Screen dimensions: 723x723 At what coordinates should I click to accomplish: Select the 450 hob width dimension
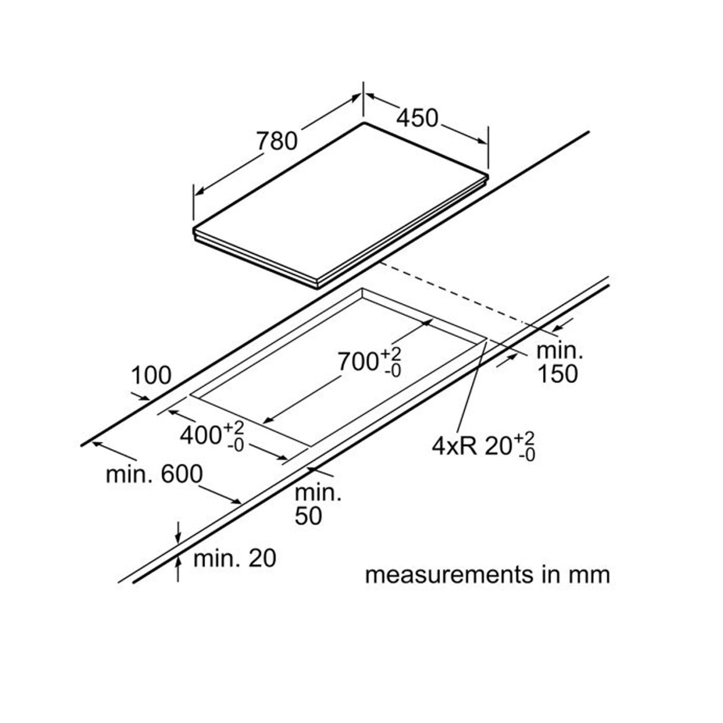[x=417, y=118]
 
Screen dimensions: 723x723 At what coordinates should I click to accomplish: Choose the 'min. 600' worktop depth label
[x=154, y=474]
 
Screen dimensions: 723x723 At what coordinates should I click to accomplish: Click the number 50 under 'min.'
[x=308, y=516]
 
